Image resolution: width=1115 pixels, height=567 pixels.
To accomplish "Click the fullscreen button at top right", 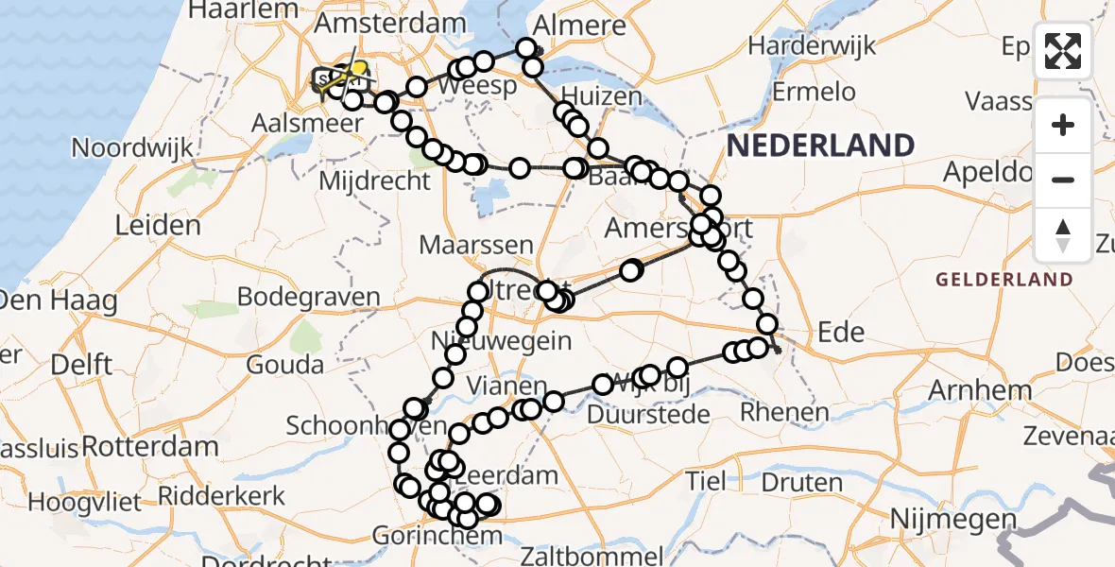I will pyautogui.click(x=1063, y=51).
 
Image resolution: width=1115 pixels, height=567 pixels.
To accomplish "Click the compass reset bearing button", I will pyautogui.click(x=1063, y=234).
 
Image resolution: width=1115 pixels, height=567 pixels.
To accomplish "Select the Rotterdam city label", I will pyautogui.click(x=146, y=445).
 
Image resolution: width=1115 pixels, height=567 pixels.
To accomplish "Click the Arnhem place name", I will pyautogui.click(x=980, y=390).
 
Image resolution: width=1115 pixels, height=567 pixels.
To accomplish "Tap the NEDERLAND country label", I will pyautogui.click(x=820, y=146).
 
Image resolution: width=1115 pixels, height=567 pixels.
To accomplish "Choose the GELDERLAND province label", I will pyautogui.click(x=1003, y=280).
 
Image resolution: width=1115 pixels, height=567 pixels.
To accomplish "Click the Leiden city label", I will pyautogui.click(x=158, y=225).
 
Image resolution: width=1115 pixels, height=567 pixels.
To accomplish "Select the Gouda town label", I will pyautogui.click(x=283, y=365).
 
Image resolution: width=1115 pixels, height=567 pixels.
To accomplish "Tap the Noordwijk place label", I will pyautogui.click(x=132, y=147).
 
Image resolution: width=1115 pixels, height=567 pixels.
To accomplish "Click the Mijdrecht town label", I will pyautogui.click(x=375, y=180).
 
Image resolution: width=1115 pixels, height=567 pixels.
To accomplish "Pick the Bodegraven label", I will pyautogui.click(x=308, y=297).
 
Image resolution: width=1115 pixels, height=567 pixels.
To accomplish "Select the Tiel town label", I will pyautogui.click(x=706, y=480).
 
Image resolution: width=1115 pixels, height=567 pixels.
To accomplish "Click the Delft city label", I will pyautogui.click(x=81, y=365).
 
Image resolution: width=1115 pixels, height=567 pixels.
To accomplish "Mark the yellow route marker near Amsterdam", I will pyautogui.click(x=359, y=69).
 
